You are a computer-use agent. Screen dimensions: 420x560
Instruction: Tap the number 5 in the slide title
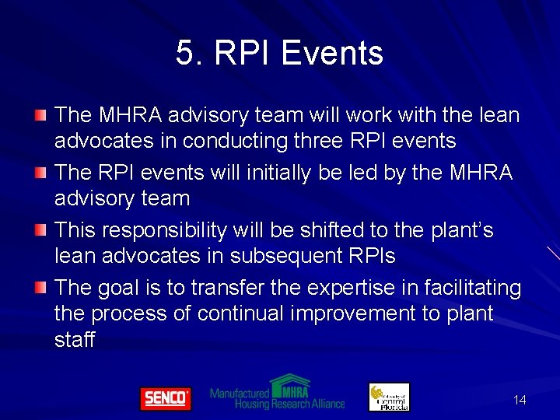click(185, 54)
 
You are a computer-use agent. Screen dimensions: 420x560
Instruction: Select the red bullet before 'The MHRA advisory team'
click(40, 116)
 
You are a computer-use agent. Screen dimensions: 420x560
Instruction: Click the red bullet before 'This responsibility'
click(40, 231)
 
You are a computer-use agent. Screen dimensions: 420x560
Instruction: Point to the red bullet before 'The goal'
click(40, 289)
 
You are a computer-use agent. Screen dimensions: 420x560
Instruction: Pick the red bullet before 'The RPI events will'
click(40, 173)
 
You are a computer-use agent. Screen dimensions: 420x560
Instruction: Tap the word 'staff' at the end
click(75, 339)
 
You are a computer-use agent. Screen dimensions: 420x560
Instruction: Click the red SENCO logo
click(165, 398)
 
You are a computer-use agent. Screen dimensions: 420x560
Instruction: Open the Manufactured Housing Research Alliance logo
click(277, 394)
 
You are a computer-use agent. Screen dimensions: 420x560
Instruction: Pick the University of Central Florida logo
click(389, 397)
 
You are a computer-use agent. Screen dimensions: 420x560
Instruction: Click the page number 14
click(520, 400)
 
